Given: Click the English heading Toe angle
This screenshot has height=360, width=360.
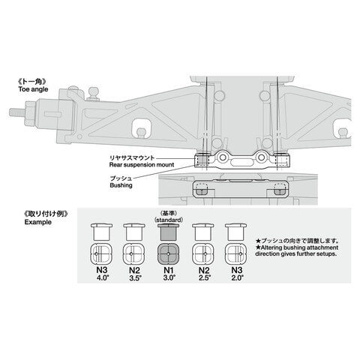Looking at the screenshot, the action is [x=33, y=89].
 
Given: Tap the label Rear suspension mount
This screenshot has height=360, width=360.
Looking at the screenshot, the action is [x=142, y=165].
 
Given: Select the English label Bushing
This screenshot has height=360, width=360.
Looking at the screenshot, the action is [x=121, y=185].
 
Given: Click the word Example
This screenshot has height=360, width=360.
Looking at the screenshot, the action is [x=38, y=222].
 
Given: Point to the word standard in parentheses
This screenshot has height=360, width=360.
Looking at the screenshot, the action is [x=169, y=220].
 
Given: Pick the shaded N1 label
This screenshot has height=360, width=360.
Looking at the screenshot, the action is [x=169, y=270].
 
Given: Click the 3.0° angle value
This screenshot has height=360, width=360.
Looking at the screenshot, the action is [x=169, y=277].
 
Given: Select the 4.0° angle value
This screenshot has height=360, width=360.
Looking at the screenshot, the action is [x=102, y=277].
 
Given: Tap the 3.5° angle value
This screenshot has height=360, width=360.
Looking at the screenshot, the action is [x=135, y=277].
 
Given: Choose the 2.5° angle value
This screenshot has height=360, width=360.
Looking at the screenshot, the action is [x=205, y=277].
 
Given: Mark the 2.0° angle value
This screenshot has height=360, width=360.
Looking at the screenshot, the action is [x=237, y=277].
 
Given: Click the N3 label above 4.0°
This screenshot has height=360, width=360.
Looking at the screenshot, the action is [x=101, y=270].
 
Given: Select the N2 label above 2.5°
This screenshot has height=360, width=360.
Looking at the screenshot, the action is [x=204, y=270].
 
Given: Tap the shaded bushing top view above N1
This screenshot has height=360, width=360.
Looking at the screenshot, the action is [x=168, y=253].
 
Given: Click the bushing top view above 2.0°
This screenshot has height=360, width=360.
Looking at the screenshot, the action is [x=235, y=253].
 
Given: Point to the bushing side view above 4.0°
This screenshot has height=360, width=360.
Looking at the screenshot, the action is [x=101, y=232].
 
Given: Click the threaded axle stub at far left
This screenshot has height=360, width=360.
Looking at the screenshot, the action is [x=17, y=112].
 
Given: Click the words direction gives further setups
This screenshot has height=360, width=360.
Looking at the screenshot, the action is [x=296, y=254].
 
